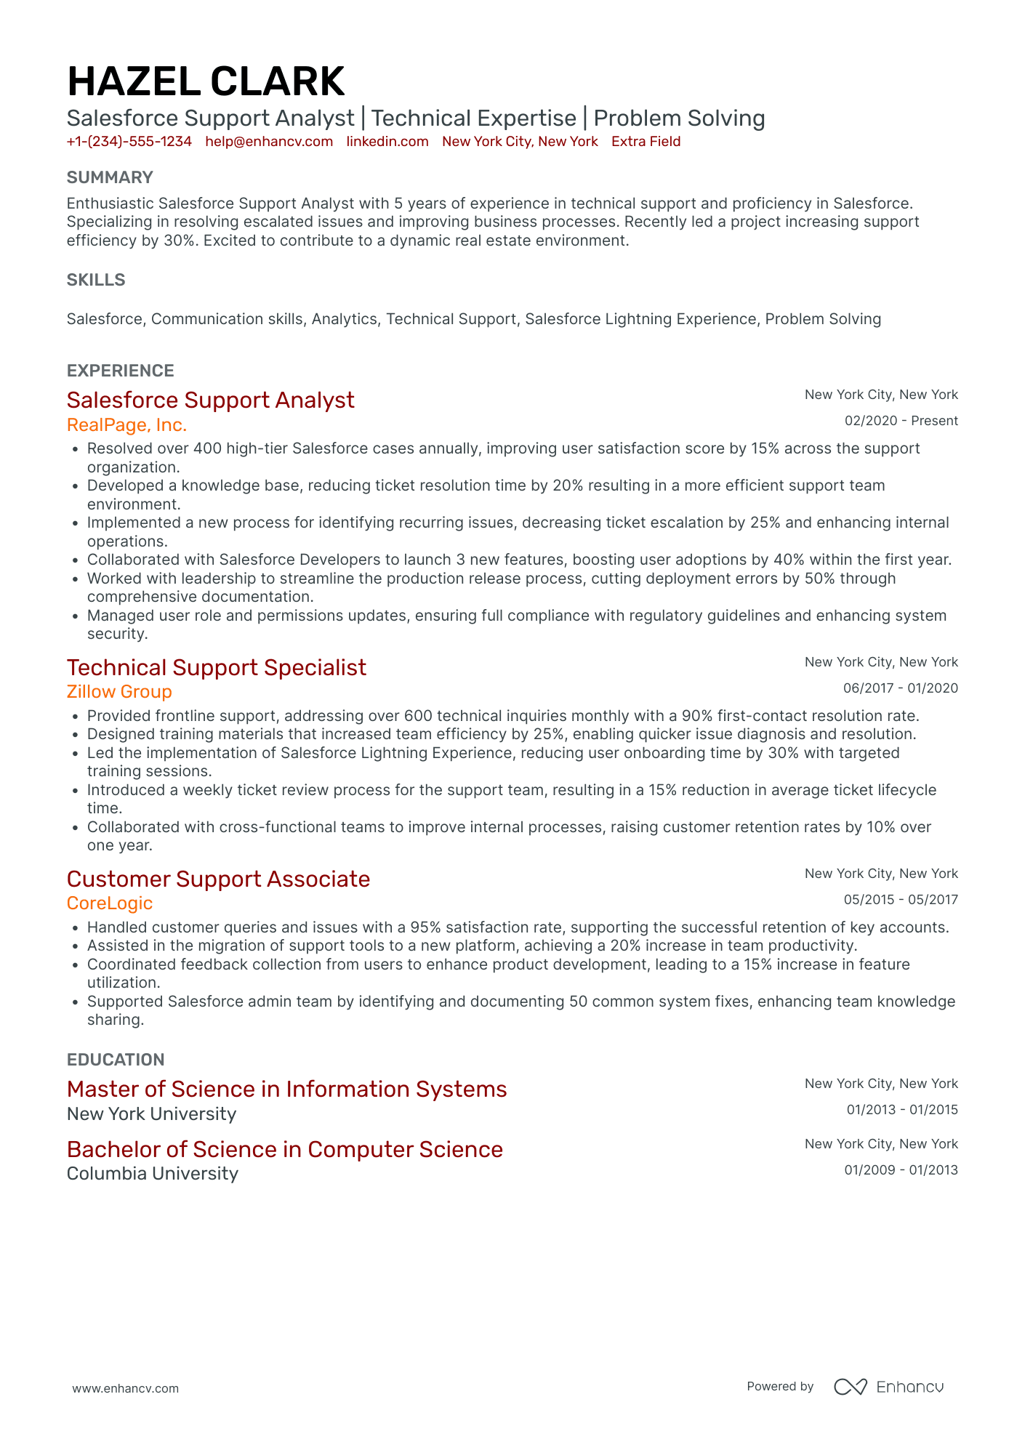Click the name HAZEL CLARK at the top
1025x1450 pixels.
point(206,81)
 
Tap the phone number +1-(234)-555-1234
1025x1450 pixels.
point(129,142)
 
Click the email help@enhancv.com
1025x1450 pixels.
point(269,142)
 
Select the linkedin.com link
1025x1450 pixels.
point(387,142)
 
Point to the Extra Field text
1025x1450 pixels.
point(646,142)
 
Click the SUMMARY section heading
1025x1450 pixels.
point(110,178)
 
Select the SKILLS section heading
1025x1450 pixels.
point(96,281)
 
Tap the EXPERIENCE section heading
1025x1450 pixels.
point(121,371)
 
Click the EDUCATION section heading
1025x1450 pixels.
point(116,1060)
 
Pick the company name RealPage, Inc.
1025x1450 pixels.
point(126,425)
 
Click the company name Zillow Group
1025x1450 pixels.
point(119,692)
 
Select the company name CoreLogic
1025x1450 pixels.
point(110,903)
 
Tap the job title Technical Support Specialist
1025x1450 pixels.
point(217,668)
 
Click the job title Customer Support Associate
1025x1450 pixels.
point(218,879)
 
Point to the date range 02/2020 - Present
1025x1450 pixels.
point(901,421)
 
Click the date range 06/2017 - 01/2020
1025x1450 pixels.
point(900,688)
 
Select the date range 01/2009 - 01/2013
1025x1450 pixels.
point(901,1170)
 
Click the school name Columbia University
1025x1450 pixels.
point(153,1174)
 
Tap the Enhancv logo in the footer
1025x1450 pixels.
point(888,1387)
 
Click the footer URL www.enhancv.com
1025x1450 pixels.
point(125,1388)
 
